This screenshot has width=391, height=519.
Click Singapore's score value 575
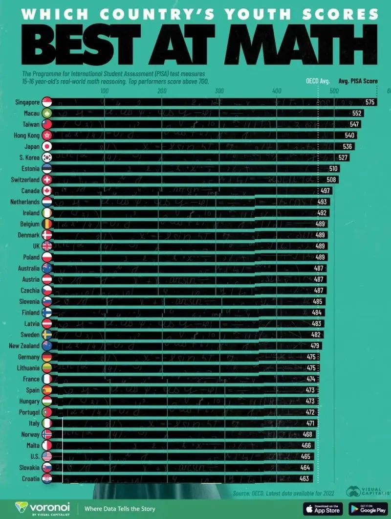click(369, 102)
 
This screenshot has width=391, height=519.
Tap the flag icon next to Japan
click(47, 146)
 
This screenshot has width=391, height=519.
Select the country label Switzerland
click(25, 180)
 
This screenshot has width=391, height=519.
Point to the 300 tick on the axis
click(219, 91)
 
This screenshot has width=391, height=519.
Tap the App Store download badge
click(323, 508)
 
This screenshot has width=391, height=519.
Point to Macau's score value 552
click(357, 113)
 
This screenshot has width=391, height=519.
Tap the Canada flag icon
click(47, 191)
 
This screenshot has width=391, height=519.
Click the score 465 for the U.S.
click(306, 456)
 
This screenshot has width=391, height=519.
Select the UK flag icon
click(47, 246)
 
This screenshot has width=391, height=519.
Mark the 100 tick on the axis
click(104, 91)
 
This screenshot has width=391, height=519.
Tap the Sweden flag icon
click(47, 335)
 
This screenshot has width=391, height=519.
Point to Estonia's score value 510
click(333, 169)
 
